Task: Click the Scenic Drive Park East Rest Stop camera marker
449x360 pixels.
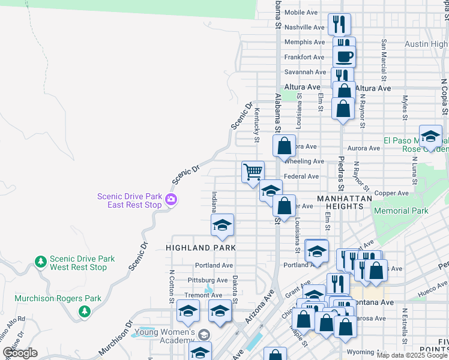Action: (x=171, y=200)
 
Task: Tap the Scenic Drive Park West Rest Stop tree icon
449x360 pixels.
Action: (x=40, y=262)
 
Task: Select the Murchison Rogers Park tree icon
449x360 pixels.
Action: (x=84, y=311)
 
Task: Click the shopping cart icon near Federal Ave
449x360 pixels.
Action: (x=253, y=172)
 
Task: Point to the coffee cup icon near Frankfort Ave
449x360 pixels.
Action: (x=344, y=56)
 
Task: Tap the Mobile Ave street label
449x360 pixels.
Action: (x=300, y=12)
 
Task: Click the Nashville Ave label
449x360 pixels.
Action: (x=304, y=27)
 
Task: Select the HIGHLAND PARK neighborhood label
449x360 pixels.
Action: (x=200, y=247)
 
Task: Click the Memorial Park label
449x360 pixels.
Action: (x=400, y=211)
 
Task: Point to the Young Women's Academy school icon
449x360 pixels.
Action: (x=204, y=335)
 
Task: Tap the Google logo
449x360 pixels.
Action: (x=20, y=353)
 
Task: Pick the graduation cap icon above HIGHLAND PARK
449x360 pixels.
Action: (x=222, y=226)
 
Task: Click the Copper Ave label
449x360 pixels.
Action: (x=393, y=193)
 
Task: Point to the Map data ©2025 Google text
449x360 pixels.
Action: (x=411, y=355)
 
